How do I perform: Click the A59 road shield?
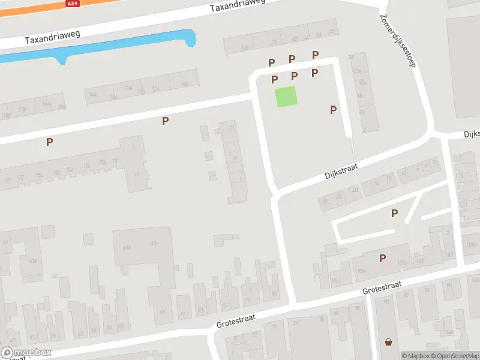73,4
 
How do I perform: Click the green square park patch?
286,97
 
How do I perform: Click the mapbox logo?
26,353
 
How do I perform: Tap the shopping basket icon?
389,342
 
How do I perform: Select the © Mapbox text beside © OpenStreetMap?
416,356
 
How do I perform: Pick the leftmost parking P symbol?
50,142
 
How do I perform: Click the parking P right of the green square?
333,109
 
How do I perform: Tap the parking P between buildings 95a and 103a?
382,258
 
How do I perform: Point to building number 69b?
127,247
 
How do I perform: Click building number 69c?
154,244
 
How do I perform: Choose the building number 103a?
402,262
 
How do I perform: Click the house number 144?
92,94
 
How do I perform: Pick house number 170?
22,109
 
